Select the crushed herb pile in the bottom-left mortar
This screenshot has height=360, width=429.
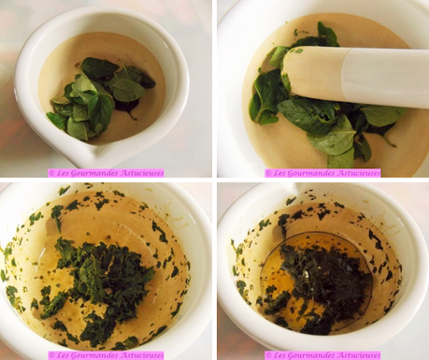pos(101,271)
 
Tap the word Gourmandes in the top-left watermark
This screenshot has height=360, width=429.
pos(94,173)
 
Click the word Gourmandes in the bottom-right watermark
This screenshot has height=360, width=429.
pos(311,355)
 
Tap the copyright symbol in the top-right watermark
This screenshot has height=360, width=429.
pos(268,173)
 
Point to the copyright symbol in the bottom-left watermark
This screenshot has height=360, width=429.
pos(51,355)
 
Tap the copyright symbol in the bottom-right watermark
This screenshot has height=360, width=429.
pos(268,355)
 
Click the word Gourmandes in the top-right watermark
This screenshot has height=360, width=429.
pos(311,173)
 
